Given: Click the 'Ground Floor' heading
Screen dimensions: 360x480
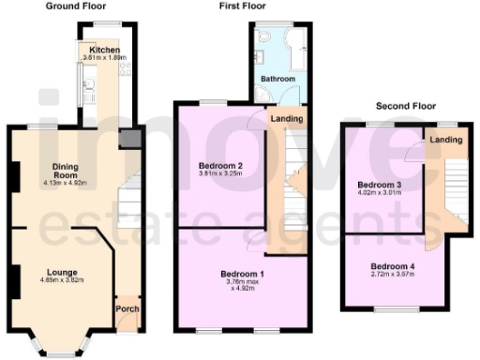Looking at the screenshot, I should pos(77,7).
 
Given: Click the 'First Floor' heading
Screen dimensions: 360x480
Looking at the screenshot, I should pos(239,7).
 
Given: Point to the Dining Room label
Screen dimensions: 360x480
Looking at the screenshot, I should pos(64,172).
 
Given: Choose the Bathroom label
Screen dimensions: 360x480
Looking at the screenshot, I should pos(277,80).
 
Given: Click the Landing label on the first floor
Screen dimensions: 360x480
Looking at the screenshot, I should pos(286,119).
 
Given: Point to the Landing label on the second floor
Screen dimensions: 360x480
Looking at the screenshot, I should pos(446,140).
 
